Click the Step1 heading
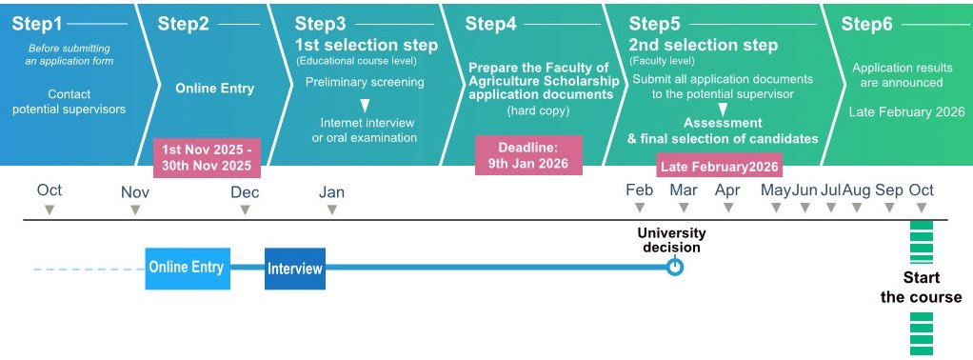pyautogui.click(x=37, y=24)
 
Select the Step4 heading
pyautogui.click(x=490, y=24)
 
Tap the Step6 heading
pyautogui.click(x=866, y=24)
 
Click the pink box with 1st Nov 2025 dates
pyautogui.click(x=207, y=158)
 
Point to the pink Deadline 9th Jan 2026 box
pyautogui.click(x=528, y=156)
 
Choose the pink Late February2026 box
pyautogui.click(x=719, y=167)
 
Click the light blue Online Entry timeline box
pyautogui.click(x=188, y=269)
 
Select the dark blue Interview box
pyautogui.click(x=295, y=269)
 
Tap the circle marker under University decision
pyautogui.click(x=674, y=268)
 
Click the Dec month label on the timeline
pyautogui.click(x=245, y=192)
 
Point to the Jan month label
pyautogui.click(x=331, y=192)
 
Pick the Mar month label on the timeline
pyautogui.click(x=684, y=190)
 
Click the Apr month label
pyautogui.click(x=727, y=190)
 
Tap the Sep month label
pyautogui.click(x=889, y=190)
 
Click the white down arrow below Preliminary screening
pyautogui.click(x=365, y=106)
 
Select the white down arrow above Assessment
pyautogui.click(x=723, y=110)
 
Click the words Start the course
pyautogui.click(x=921, y=287)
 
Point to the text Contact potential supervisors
pyautogui.click(x=69, y=102)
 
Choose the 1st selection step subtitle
pyautogui.click(x=367, y=46)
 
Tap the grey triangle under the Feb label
pyautogui.click(x=639, y=208)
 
